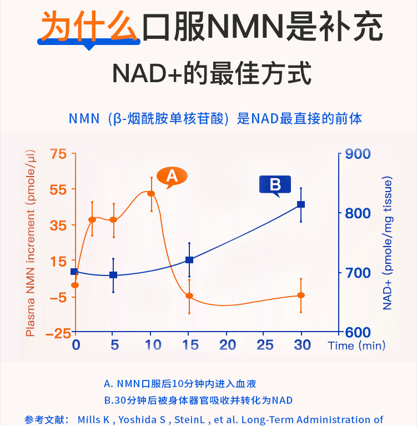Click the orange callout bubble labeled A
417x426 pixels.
172,176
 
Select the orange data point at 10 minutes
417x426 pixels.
150,193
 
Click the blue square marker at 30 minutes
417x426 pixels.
301,204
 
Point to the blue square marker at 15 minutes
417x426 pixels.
189,260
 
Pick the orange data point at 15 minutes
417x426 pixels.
189,295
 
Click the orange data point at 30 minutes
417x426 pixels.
301,295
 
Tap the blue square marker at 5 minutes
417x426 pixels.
113,275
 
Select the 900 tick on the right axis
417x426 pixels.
358,154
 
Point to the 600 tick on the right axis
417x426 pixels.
358,332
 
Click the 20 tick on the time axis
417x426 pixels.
227,345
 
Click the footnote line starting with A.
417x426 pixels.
180,384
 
